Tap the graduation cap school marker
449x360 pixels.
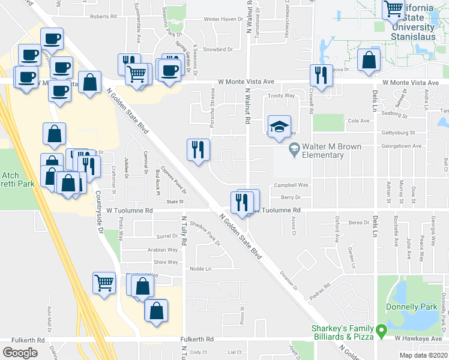[x=279, y=127]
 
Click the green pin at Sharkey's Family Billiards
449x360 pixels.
[x=380, y=330]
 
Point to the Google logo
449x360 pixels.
[x=20, y=352]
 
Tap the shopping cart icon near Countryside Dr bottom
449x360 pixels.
[x=104, y=282]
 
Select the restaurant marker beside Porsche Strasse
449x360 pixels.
[x=199, y=150]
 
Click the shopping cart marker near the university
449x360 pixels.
[x=394, y=10]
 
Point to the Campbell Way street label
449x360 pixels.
[x=291, y=185]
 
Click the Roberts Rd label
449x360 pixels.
[x=103, y=17]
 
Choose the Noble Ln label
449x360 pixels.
[x=200, y=269]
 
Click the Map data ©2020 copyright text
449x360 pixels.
[x=423, y=355]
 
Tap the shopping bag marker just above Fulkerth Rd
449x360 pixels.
[x=156, y=311]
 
